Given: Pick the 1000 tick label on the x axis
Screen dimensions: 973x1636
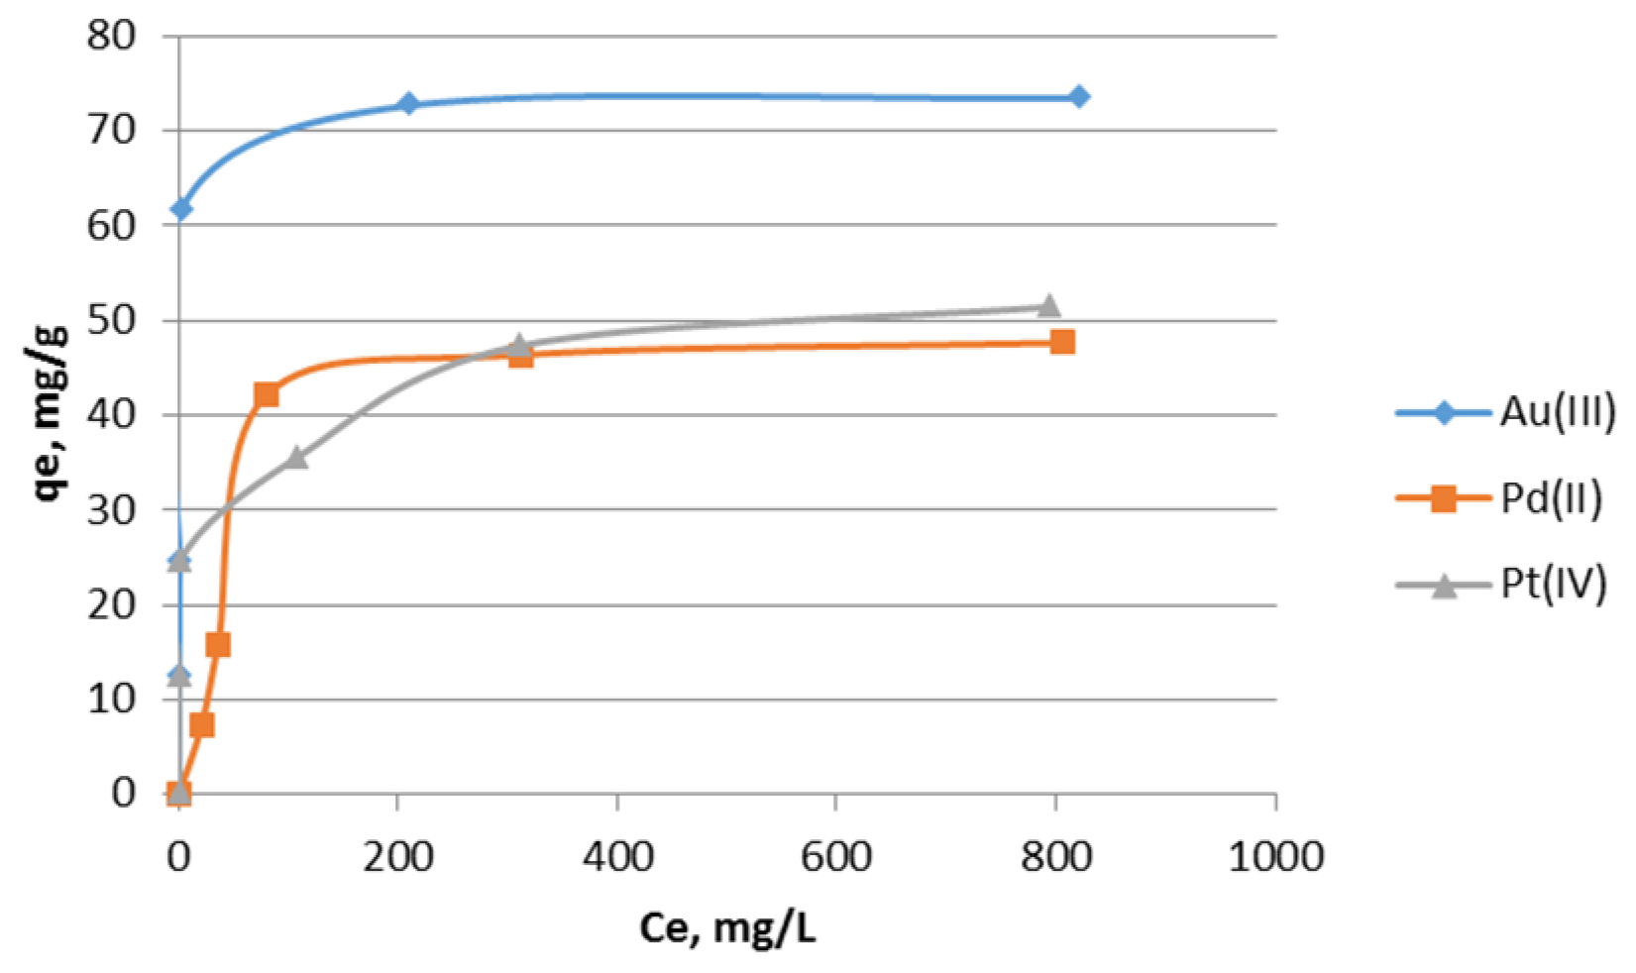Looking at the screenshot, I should coord(1275,856).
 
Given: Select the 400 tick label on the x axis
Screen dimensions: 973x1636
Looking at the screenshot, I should coord(617,856).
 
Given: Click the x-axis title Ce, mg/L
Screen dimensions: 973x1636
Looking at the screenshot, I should coord(727,928).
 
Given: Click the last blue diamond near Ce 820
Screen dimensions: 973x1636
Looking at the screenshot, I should coord(1079,96).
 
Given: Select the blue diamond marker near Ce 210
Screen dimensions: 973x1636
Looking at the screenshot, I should coord(408,103).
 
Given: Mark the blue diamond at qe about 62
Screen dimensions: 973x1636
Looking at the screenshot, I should coord(180,208).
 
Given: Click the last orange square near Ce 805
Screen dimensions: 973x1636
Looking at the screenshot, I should coord(1062,342).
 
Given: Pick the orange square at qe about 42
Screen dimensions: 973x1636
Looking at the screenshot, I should coord(266,394).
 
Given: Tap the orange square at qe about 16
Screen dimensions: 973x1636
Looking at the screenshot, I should coord(218,645).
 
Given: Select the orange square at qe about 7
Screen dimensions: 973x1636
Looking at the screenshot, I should coord(201,725).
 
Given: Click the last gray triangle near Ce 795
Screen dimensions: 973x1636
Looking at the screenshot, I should coord(1049,304).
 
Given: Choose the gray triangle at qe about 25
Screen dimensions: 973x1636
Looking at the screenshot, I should coord(179,560).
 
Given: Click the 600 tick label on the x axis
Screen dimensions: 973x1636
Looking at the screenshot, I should coord(836,856).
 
